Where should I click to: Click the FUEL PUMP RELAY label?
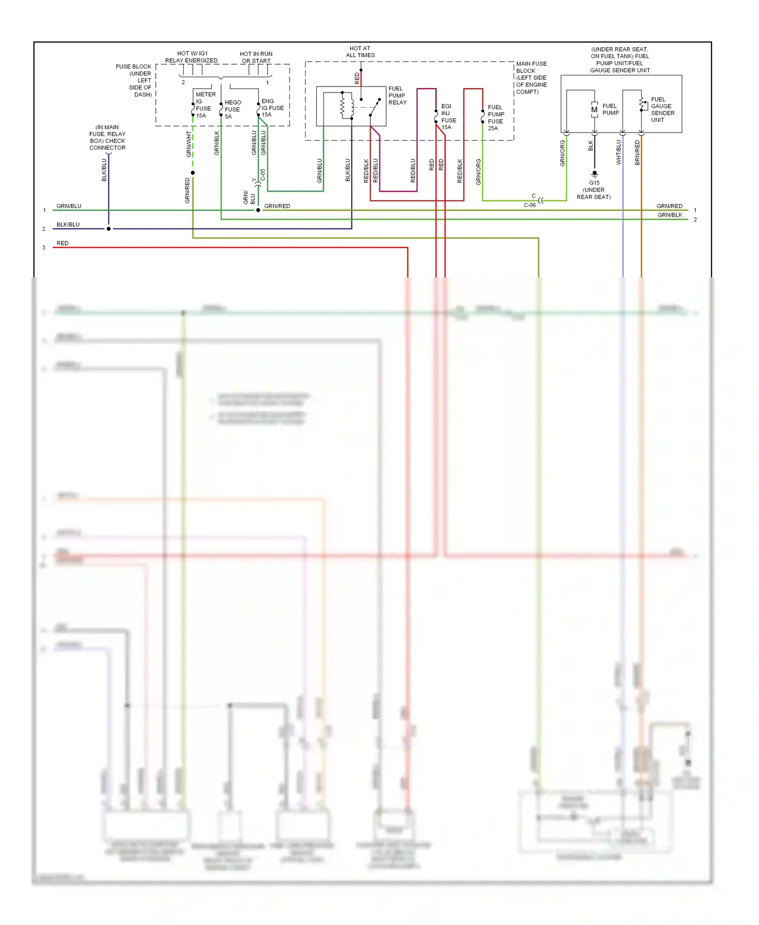397,96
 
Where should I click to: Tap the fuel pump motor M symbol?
594,110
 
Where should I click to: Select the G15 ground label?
594,183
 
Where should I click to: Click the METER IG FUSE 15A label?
204,105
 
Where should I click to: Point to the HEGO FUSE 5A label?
233,109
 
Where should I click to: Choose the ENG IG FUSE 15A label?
272,108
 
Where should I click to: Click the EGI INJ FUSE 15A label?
448,117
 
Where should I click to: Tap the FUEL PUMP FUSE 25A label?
495,118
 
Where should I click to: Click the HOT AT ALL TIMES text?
360,52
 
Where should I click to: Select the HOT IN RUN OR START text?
256,57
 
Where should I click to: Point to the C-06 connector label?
529,205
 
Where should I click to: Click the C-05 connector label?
263,175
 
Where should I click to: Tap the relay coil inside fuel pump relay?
343,105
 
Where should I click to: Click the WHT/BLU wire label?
618,152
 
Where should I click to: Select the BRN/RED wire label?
637,152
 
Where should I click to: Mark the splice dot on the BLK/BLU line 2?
108,229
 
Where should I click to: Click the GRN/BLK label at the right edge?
669,215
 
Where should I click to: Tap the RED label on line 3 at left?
62,243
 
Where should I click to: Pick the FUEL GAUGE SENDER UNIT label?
662,110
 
